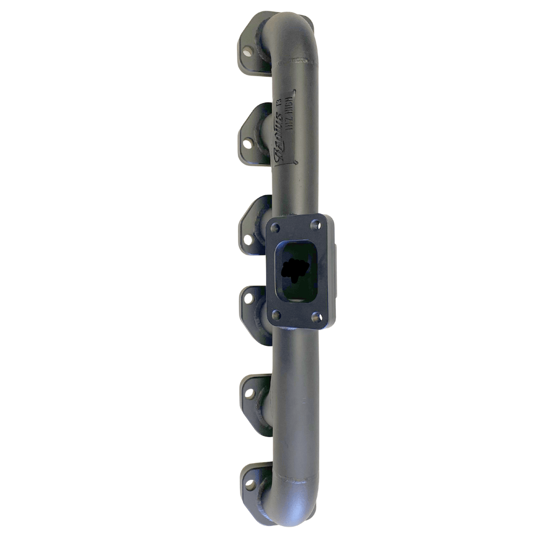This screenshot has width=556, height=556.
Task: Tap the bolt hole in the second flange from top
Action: [x=248, y=144]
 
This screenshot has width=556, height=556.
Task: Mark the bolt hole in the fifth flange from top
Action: [x=250, y=393]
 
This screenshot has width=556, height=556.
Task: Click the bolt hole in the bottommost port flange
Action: [x=250, y=484]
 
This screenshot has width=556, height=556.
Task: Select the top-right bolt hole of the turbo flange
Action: [x=316, y=225]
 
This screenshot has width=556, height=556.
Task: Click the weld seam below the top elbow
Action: [x=296, y=63]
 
